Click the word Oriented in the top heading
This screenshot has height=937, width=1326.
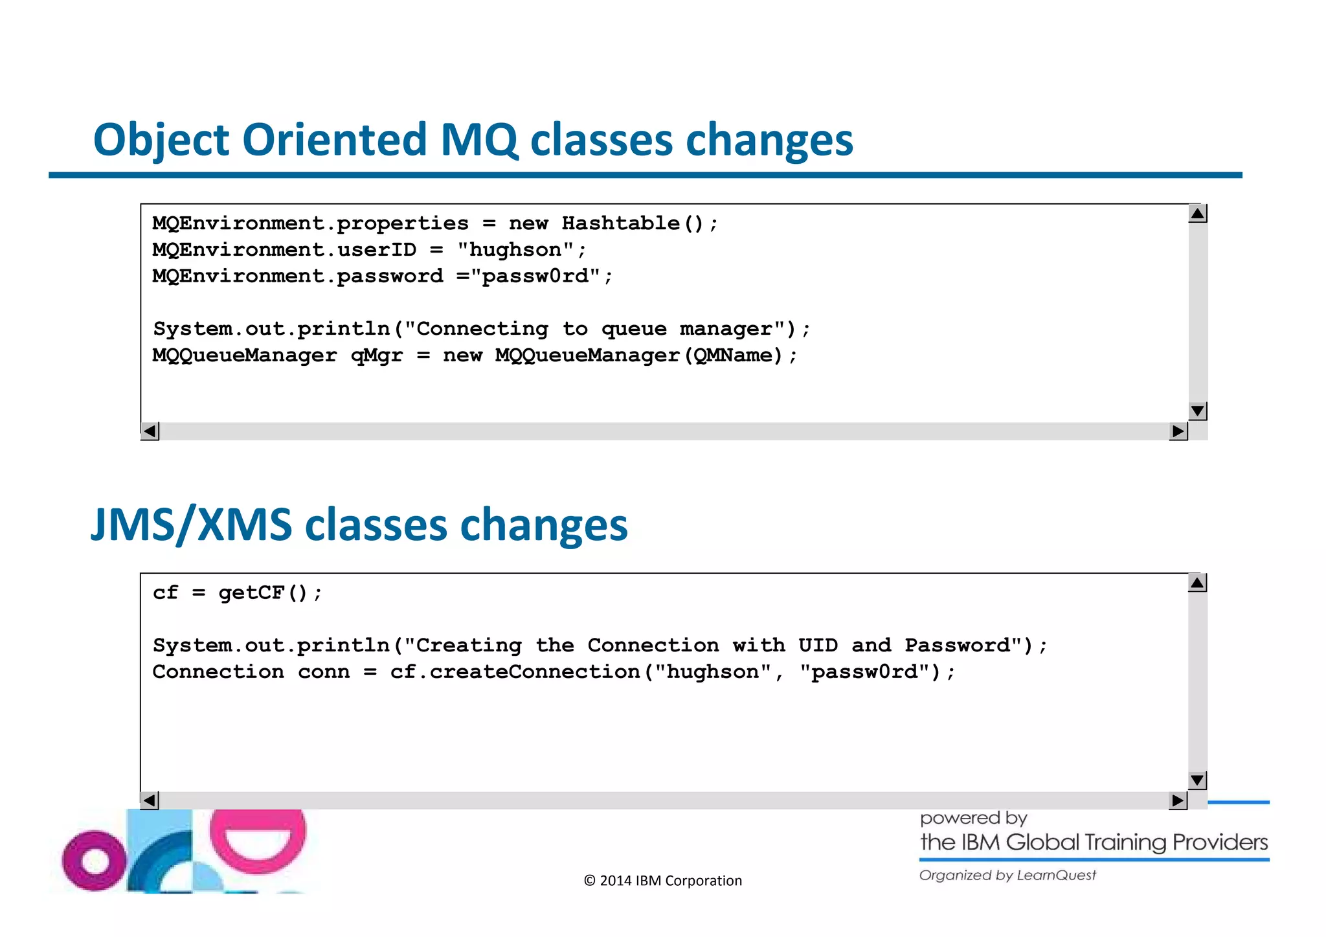click(334, 140)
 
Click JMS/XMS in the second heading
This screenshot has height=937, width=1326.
click(191, 525)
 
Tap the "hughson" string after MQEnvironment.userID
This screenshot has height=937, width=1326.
click(515, 250)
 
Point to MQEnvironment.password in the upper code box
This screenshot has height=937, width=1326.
click(298, 277)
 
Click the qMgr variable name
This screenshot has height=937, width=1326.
click(376, 356)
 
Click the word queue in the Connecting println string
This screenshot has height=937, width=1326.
click(633, 329)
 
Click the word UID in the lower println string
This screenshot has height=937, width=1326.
click(818, 646)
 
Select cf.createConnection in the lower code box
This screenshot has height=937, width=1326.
click(515, 672)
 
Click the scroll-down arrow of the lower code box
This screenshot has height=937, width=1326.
click(1197, 780)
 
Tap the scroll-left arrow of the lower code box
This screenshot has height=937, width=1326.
click(150, 800)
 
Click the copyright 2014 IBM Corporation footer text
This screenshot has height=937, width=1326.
click(662, 881)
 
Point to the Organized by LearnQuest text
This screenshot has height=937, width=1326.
click(1007, 875)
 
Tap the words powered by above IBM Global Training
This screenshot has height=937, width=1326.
click(973, 818)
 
